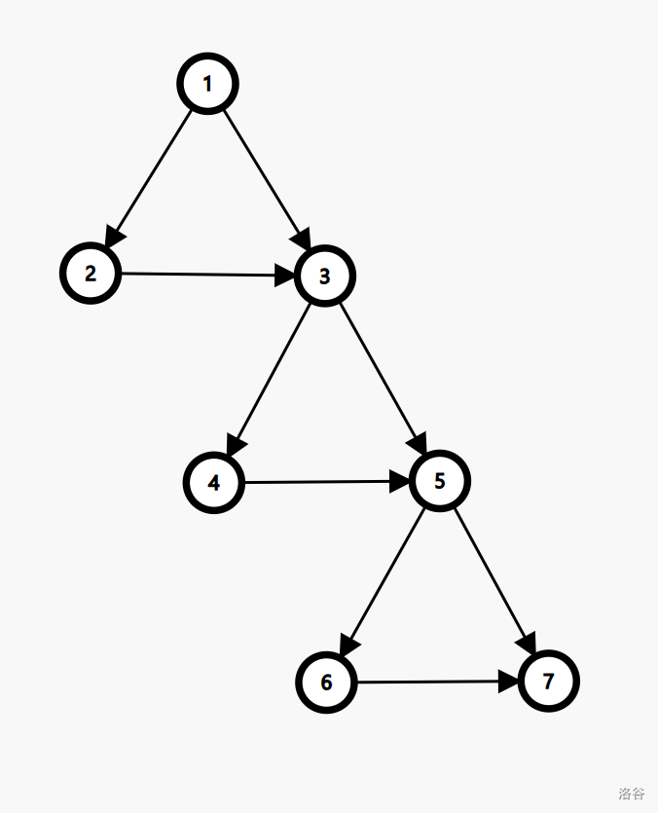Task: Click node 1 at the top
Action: tap(207, 85)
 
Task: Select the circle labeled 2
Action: tap(91, 273)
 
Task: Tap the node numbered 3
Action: tap(325, 277)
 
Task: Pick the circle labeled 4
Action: tap(214, 482)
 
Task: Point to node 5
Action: tap(440, 481)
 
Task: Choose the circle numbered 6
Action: tap(326, 683)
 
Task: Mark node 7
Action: tap(549, 682)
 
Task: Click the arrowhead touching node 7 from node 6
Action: tap(511, 682)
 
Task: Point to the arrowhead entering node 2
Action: tap(113, 237)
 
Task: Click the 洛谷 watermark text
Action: tap(631, 794)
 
